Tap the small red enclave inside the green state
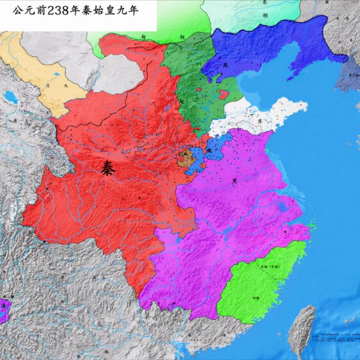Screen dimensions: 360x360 224,94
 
